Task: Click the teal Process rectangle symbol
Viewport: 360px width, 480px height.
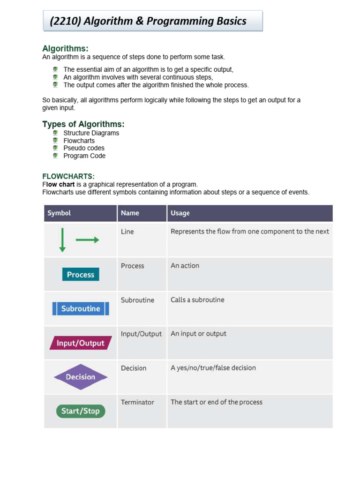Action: pos(81,274)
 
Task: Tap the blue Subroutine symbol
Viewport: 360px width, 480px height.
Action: pos(81,308)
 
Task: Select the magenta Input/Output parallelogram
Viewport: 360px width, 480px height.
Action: pos(81,343)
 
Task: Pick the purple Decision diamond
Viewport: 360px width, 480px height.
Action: pos(81,377)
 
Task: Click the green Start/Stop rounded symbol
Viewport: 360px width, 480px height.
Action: pos(81,411)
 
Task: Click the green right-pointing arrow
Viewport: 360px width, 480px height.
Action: pos(87,240)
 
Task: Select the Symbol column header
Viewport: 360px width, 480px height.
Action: pos(60,213)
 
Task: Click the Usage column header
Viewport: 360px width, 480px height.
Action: pos(180,213)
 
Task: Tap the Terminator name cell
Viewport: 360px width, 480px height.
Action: pos(137,402)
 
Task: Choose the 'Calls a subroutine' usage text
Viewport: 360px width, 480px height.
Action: pos(197,300)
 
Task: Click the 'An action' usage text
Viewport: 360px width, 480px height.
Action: pos(185,266)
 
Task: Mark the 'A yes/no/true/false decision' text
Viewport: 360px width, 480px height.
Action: pos(213,368)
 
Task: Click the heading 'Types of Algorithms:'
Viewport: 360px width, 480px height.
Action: pos(83,124)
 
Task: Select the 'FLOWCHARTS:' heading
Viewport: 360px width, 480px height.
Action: pos(68,176)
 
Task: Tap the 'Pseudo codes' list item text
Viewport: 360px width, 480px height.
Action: pos(84,148)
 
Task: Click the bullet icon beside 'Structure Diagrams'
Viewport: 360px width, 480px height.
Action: pos(55,133)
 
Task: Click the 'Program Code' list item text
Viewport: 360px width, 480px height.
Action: pos(84,156)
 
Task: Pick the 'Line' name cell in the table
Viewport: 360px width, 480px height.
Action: pos(127,232)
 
